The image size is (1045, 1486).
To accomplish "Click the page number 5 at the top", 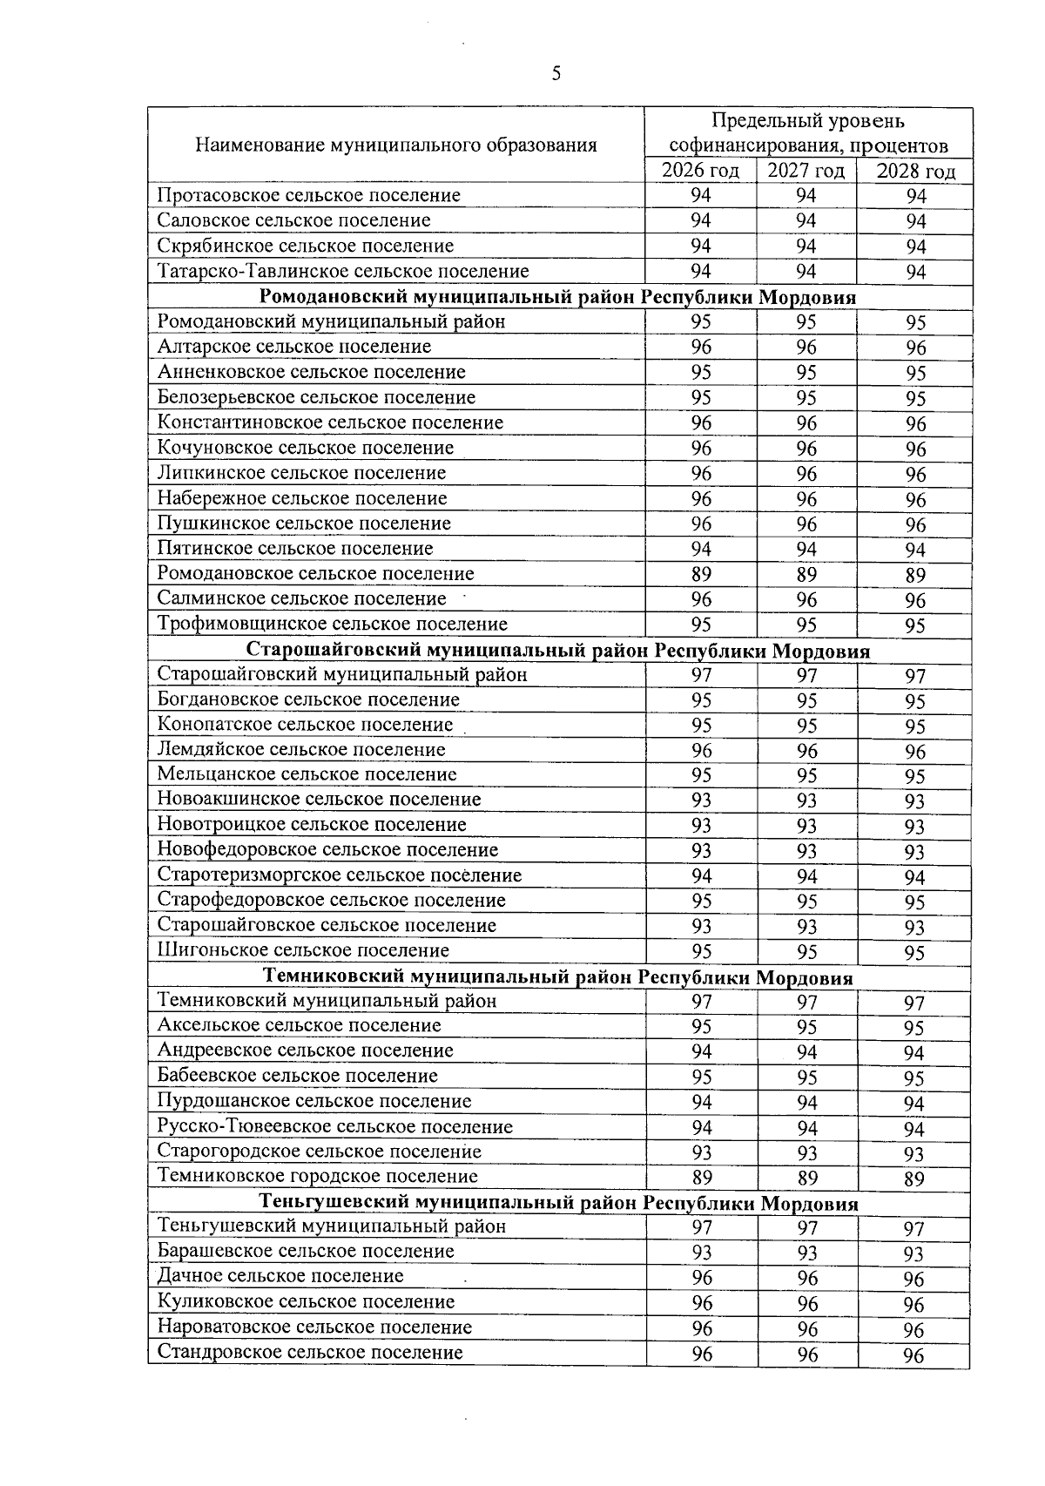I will tap(556, 74).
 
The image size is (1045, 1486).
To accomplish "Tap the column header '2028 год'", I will tap(914, 172).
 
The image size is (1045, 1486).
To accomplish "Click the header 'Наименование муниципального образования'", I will tap(395, 145).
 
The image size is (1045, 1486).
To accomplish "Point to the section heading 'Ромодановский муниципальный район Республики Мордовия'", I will tap(558, 297).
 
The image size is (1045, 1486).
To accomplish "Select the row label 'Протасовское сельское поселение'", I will tap(308, 195).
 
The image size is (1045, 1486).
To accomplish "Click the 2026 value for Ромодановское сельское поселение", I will tap(700, 574).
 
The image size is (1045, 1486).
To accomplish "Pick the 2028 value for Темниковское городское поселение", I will tap(914, 1179).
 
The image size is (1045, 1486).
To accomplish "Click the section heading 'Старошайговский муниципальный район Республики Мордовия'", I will tap(558, 651).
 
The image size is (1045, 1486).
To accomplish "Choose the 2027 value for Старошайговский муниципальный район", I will tap(806, 675).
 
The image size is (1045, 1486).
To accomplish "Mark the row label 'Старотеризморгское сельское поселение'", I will tap(339, 875).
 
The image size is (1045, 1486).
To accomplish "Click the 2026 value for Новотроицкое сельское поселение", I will tap(700, 825).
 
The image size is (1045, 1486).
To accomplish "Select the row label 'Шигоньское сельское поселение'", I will tap(303, 950).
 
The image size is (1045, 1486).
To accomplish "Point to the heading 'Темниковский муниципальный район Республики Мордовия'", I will tap(558, 977).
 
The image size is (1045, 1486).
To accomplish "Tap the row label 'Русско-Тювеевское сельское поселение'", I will tap(334, 1127).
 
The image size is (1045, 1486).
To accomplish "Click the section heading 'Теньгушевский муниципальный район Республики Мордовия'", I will tap(558, 1203).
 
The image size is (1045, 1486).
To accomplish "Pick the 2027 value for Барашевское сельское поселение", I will tap(807, 1253).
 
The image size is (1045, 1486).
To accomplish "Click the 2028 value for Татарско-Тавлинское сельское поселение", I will tap(914, 273).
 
